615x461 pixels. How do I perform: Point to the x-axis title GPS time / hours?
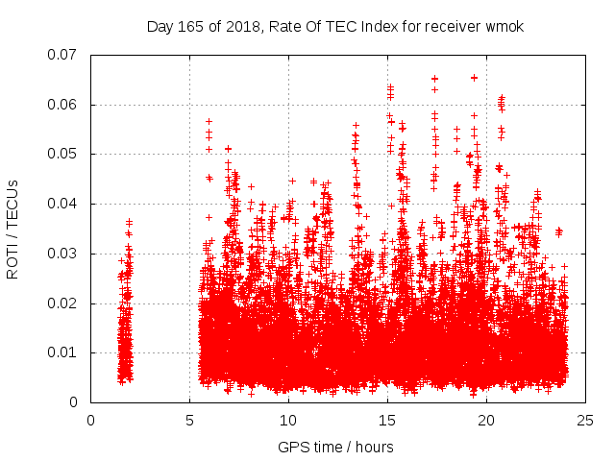[x=335, y=447]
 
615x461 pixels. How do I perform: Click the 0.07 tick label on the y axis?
[x=63, y=55]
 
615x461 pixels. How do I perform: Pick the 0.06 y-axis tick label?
[x=63, y=105]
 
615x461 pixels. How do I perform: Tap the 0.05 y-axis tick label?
[x=63, y=154]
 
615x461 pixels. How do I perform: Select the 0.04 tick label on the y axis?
[x=63, y=204]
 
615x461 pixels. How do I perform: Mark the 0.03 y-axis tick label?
[x=63, y=254]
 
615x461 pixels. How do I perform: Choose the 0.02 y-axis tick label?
[x=63, y=303]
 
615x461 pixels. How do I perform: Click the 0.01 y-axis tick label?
[x=63, y=352]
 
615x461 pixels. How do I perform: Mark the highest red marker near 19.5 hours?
[x=474, y=78]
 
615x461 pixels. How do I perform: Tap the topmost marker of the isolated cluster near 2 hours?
[x=129, y=221]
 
